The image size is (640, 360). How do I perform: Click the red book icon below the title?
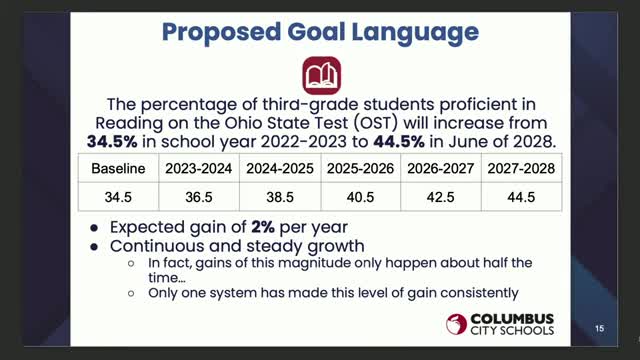(321, 74)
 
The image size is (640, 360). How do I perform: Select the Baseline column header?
(118, 168)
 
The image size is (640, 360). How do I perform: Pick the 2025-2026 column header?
(358, 168)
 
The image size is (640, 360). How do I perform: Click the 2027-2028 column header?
(519, 168)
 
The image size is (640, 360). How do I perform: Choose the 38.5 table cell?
(279, 198)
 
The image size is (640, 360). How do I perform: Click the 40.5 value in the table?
(358, 198)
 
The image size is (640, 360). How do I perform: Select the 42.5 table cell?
(439, 198)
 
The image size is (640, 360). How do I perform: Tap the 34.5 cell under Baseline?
(118, 198)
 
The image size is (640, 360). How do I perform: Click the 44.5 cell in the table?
(519, 198)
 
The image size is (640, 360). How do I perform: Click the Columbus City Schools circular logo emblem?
(458, 323)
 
